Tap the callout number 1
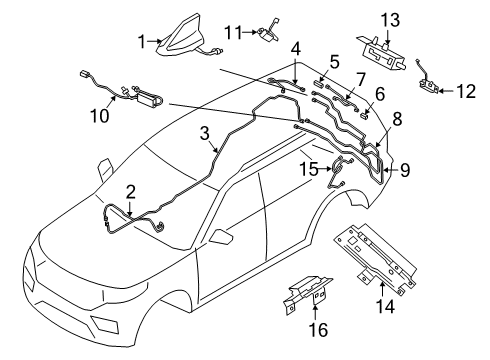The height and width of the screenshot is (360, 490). point(141,40)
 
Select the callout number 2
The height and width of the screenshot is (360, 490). point(130,190)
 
